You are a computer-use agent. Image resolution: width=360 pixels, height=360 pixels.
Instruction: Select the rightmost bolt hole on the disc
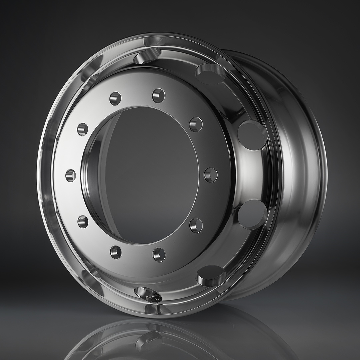[x=211, y=175]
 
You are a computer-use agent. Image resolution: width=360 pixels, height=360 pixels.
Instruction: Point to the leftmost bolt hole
[x=71, y=175]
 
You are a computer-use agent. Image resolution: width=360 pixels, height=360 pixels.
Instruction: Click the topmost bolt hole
[x=159, y=96]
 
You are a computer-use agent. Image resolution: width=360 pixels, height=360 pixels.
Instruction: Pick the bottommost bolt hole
[x=159, y=255]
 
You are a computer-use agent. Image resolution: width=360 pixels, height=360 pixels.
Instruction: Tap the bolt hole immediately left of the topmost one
[x=115, y=99]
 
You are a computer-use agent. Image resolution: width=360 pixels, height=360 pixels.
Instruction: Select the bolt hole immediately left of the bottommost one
[x=116, y=252]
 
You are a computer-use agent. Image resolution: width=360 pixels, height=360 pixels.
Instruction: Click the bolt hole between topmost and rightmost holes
[x=196, y=124]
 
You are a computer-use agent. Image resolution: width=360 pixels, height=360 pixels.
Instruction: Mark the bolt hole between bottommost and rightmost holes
[x=196, y=225]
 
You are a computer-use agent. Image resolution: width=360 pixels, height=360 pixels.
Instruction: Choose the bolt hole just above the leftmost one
[x=82, y=129]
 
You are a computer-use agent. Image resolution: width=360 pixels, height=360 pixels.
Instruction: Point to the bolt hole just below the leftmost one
[x=83, y=221]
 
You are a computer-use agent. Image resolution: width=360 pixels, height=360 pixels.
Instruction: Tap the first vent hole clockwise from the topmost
[x=210, y=74]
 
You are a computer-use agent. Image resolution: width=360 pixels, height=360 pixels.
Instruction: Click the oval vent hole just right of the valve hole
[x=211, y=275]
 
